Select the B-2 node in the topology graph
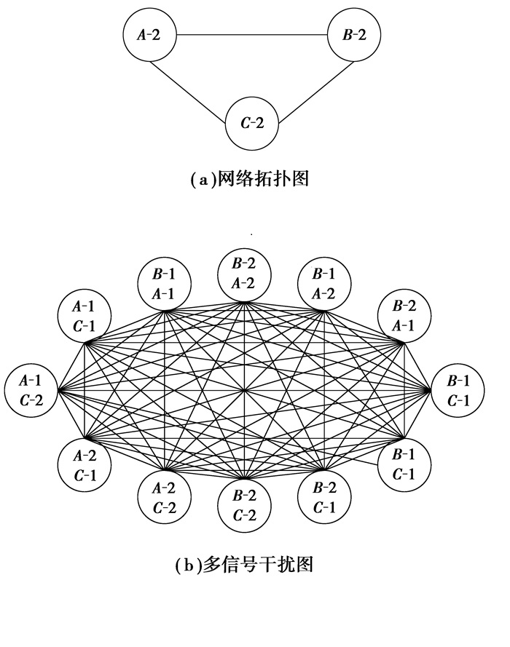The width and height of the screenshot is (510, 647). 353,34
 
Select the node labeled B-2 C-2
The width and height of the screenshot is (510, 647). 245,507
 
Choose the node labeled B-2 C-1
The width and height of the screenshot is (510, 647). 325,498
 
